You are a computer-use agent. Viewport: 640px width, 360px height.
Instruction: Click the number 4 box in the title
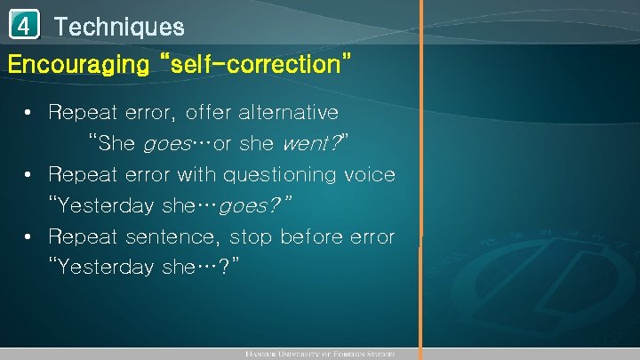[x=26, y=27]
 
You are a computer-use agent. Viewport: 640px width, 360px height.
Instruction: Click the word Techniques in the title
[x=119, y=27]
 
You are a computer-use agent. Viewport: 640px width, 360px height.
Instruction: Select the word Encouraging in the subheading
[x=78, y=64]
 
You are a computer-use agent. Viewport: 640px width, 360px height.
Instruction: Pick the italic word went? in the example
[x=311, y=143]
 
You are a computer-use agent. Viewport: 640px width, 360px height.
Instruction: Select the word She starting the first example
[x=118, y=143]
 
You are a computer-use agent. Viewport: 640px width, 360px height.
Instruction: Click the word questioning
[x=280, y=174]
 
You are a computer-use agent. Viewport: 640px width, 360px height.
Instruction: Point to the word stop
[x=251, y=236]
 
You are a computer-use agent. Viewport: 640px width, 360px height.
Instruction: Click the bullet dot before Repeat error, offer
[x=29, y=113]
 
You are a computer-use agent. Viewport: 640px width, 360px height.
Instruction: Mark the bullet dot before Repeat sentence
[x=29, y=236]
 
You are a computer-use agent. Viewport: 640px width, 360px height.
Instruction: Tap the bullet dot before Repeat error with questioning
[x=29, y=174]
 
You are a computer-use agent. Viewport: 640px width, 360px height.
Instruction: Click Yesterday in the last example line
[x=100, y=268]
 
